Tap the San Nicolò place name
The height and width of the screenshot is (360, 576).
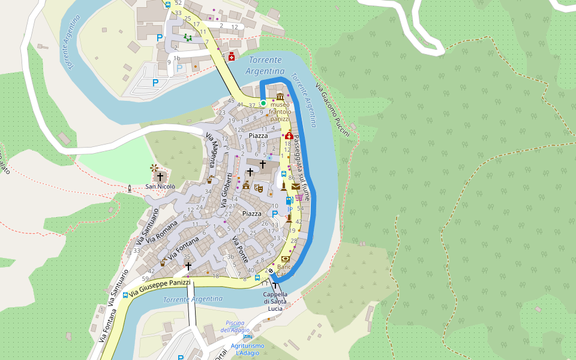160,187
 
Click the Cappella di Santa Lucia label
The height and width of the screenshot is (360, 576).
275,301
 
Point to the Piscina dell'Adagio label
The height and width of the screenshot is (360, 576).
235,326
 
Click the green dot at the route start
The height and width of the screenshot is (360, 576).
263,103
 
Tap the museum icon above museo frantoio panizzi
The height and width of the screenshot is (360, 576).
280,97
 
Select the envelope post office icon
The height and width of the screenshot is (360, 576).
296,187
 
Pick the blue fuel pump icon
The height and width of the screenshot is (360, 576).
289,200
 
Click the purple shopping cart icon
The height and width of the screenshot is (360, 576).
299,197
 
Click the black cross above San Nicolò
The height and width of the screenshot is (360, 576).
160,176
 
